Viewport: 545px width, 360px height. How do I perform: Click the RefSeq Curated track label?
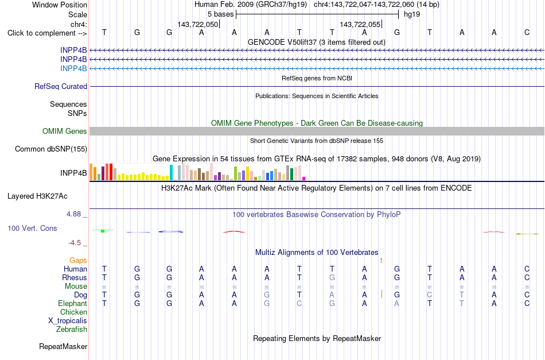coord(61,86)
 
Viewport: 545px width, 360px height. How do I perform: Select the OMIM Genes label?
coord(65,131)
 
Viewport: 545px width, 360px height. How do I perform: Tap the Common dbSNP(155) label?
coord(51,149)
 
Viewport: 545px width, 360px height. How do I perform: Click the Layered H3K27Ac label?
coord(37,196)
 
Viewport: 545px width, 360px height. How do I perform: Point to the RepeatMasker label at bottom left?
coord(63,346)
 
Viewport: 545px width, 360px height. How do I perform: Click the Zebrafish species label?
coord(72,329)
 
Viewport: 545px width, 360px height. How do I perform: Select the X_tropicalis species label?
coord(68,321)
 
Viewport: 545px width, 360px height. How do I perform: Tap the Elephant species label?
coord(72,304)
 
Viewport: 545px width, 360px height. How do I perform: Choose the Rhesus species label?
coord(75,277)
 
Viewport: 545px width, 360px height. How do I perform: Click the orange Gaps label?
coord(78,261)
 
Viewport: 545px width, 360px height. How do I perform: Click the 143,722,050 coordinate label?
coord(197,24)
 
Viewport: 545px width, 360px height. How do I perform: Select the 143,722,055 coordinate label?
coord(360,24)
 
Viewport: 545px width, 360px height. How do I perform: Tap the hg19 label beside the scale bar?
coord(412,14)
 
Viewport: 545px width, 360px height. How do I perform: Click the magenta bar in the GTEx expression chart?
coord(303,179)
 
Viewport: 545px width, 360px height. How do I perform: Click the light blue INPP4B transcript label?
coord(73,68)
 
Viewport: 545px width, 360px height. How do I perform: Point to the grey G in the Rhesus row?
coord(332,277)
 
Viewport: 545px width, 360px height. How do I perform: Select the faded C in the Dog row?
coord(430,295)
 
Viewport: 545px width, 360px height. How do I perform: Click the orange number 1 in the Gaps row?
coord(381,261)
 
